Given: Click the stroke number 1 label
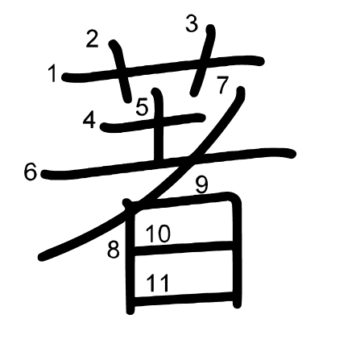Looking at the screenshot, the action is [x=52, y=74].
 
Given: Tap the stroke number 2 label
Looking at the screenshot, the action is [x=92, y=39].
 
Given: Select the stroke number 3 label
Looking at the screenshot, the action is [x=192, y=23].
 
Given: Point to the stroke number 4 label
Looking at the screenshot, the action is [x=89, y=120].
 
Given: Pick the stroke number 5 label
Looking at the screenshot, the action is [x=142, y=107].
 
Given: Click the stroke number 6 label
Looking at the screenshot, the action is [x=30, y=172].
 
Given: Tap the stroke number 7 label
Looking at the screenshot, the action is [x=222, y=85].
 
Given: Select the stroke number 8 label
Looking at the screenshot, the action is [x=114, y=250].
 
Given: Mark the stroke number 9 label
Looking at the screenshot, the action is [x=202, y=185].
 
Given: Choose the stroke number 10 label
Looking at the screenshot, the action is [x=158, y=234].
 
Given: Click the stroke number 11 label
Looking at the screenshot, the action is [x=158, y=283].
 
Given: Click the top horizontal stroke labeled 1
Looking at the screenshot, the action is [x=163, y=68].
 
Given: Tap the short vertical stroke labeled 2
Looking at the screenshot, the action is [x=121, y=71].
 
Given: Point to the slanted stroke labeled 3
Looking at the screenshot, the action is [x=203, y=60].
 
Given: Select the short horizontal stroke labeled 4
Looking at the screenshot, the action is [x=153, y=122].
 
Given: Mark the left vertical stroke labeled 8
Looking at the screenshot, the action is [x=130, y=257].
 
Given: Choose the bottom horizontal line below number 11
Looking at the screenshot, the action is [x=183, y=299].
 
